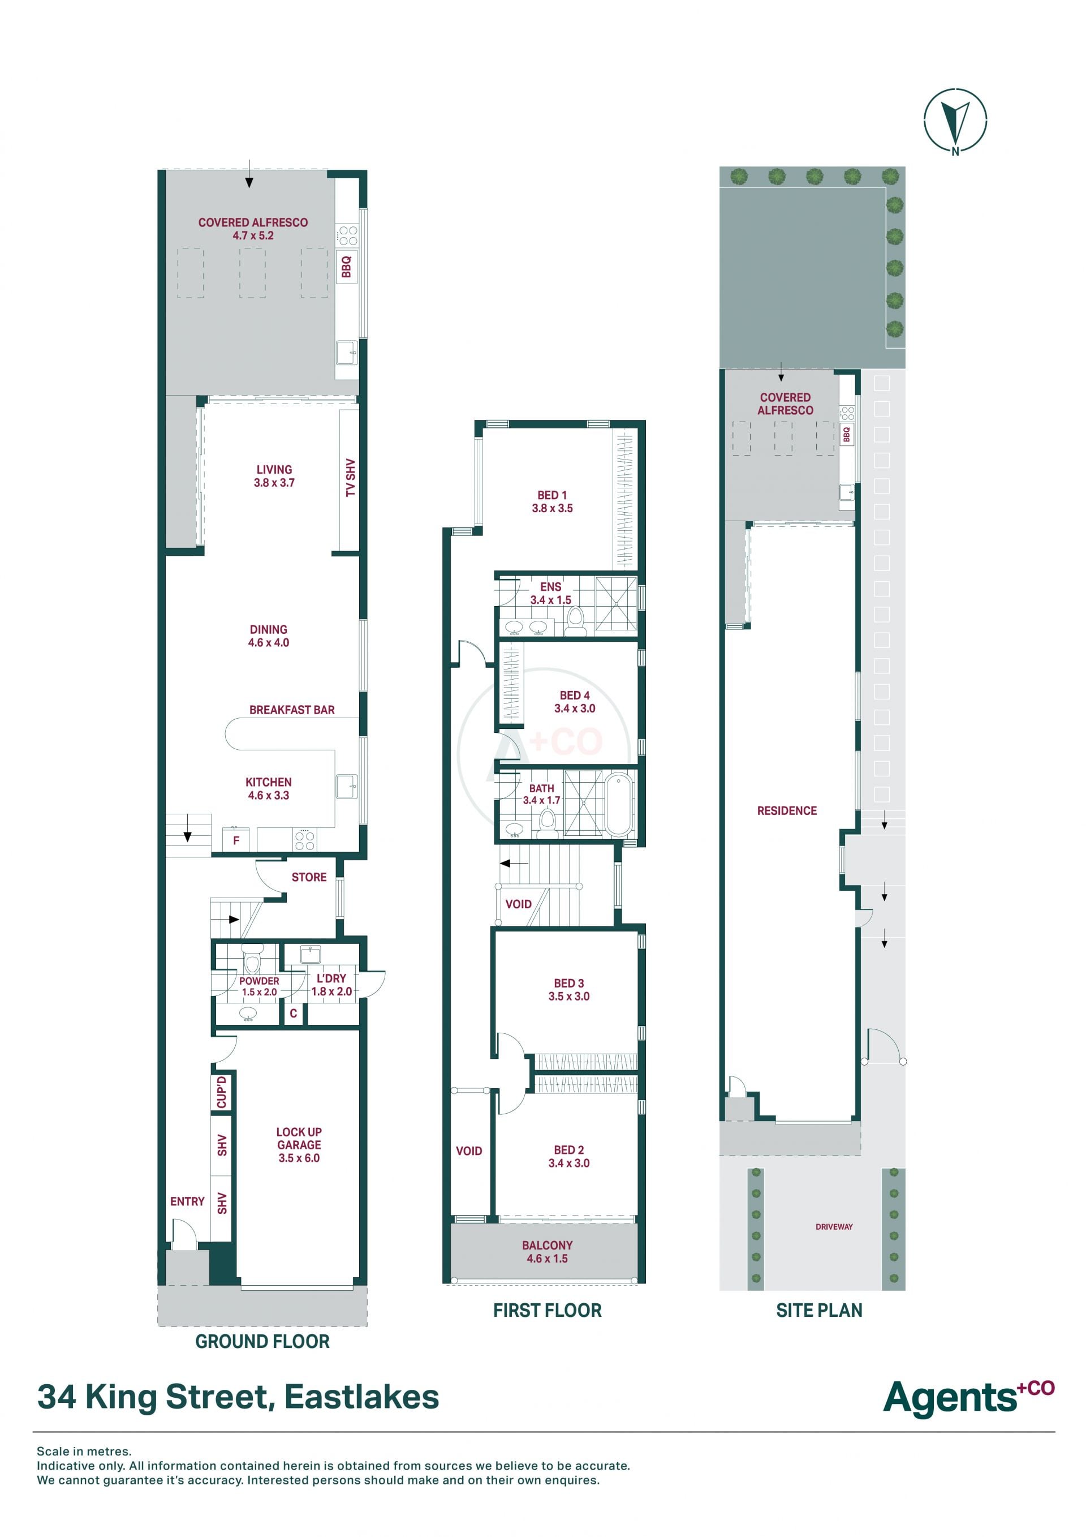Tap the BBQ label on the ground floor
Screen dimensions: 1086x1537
click(x=346, y=267)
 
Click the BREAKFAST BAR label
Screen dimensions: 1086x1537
click(x=292, y=710)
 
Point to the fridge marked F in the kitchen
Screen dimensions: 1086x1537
click(x=235, y=839)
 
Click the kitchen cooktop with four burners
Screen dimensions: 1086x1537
click(x=305, y=839)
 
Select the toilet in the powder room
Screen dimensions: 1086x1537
click(x=252, y=962)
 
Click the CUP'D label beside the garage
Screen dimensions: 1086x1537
click(x=222, y=1093)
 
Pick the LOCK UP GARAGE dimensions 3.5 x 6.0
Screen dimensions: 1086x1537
click(x=299, y=1157)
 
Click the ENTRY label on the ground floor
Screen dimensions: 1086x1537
click(x=187, y=1201)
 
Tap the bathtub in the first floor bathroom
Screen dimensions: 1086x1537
click(x=619, y=804)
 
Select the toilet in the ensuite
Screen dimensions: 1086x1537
click(x=575, y=622)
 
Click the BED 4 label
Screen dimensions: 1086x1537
click(x=574, y=695)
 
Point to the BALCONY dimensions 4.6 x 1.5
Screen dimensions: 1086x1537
click(x=547, y=1259)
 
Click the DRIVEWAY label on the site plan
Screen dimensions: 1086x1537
click(x=834, y=1227)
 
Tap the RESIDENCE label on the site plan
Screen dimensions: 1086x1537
click(x=787, y=811)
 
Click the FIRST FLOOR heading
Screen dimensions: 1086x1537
click(x=548, y=1310)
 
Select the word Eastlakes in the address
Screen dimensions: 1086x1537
click(x=361, y=1397)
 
